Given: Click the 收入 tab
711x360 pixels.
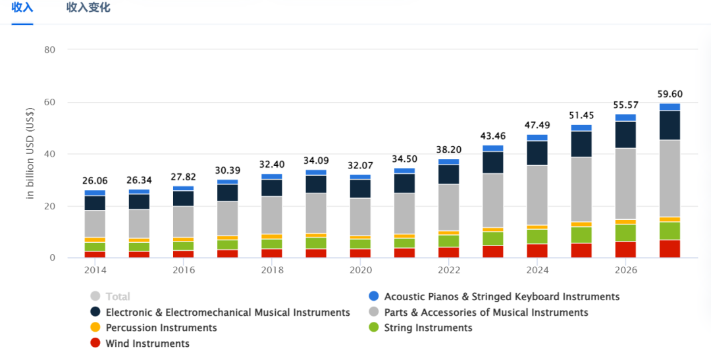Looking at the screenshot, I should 22,8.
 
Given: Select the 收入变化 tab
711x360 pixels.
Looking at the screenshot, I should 88,8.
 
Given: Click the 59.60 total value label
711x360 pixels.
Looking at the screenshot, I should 670,94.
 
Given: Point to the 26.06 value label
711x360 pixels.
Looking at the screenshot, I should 95,180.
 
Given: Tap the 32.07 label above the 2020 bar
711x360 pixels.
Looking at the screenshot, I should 360,165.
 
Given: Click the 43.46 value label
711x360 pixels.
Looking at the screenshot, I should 492,136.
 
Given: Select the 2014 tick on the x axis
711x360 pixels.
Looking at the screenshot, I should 95,270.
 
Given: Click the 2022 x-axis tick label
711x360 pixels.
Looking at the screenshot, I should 449,270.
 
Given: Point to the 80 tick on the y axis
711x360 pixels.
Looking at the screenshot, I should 49,50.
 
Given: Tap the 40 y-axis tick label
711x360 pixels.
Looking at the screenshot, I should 49,154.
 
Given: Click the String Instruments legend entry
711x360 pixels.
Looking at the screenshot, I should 428,328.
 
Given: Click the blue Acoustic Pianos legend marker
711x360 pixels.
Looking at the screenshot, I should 373,297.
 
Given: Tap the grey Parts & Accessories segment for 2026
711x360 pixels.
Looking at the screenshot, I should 625,184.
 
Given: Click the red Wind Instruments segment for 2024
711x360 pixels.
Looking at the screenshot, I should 537,251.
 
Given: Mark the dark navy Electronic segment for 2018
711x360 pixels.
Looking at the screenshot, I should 272,188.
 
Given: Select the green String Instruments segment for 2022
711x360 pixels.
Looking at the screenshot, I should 449,241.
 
